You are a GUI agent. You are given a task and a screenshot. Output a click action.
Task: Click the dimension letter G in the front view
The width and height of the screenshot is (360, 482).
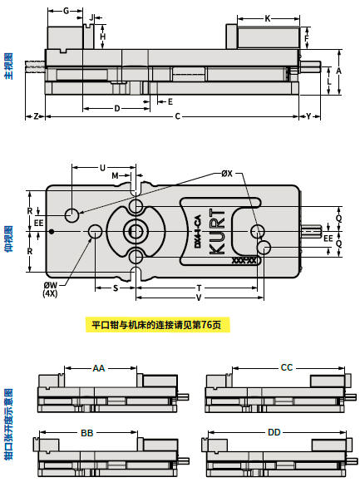pos(67,11)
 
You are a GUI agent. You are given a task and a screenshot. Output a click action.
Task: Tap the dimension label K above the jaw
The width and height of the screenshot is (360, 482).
pos(268,19)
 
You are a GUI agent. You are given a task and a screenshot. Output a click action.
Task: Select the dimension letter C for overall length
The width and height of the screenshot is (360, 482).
pos(177,116)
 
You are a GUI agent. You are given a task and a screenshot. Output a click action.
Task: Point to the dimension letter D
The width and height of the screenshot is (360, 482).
pos(117,108)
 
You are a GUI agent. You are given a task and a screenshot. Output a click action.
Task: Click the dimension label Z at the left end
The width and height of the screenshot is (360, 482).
pos(37,116)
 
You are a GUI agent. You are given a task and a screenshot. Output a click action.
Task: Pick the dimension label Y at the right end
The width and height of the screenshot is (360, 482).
pos(308,116)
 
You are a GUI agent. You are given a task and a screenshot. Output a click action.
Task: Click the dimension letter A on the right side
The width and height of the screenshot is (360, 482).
pos(338,71)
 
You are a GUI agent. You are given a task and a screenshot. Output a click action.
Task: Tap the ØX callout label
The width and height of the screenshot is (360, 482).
pos(227,174)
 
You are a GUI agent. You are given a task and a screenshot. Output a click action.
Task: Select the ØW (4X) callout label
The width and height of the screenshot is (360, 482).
pos(50,289)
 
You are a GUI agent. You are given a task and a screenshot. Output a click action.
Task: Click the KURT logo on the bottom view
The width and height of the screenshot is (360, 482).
pos(217,232)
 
